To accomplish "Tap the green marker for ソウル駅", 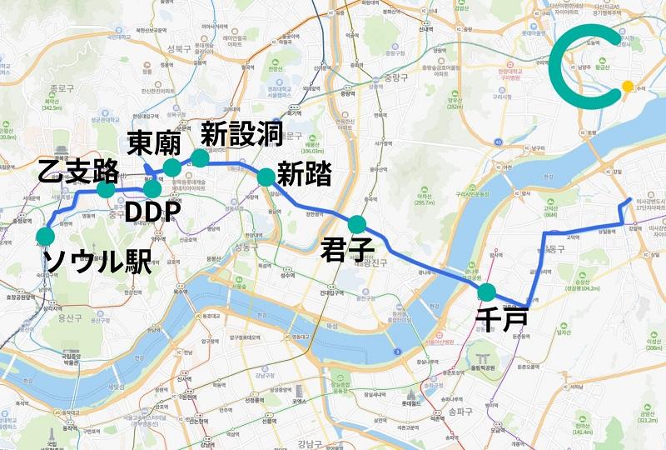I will (45, 236).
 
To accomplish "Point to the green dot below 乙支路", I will (106, 189).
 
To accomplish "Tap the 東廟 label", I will (154, 143).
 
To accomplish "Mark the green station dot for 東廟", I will (171, 168).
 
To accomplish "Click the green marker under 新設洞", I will (200, 157).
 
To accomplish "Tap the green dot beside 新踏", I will (266, 177).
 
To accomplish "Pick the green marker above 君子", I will (357, 223).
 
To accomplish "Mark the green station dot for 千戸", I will (486, 292).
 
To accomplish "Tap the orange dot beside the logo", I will (628, 86).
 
